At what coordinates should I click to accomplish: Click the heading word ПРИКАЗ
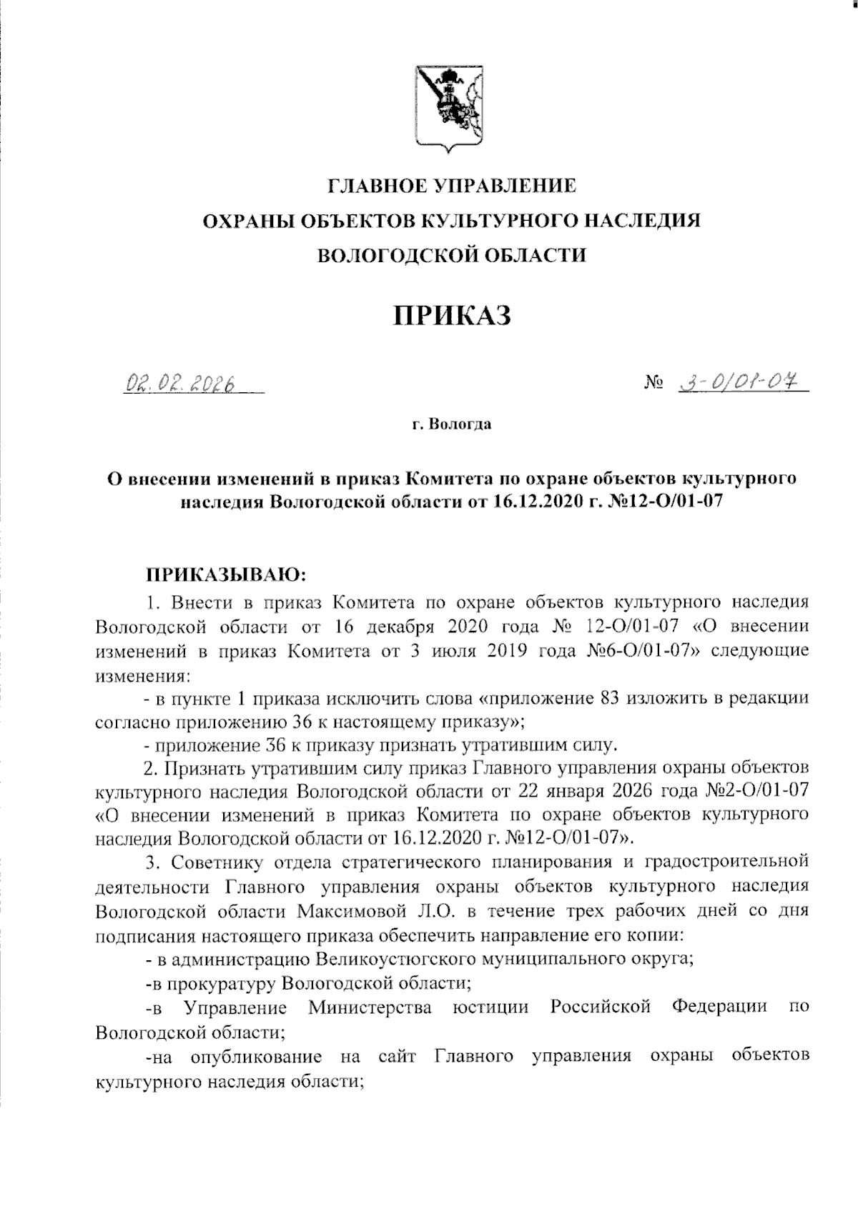point(450,315)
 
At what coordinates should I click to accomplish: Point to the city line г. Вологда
point(450,425)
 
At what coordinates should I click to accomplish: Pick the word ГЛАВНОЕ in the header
point(377,186)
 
